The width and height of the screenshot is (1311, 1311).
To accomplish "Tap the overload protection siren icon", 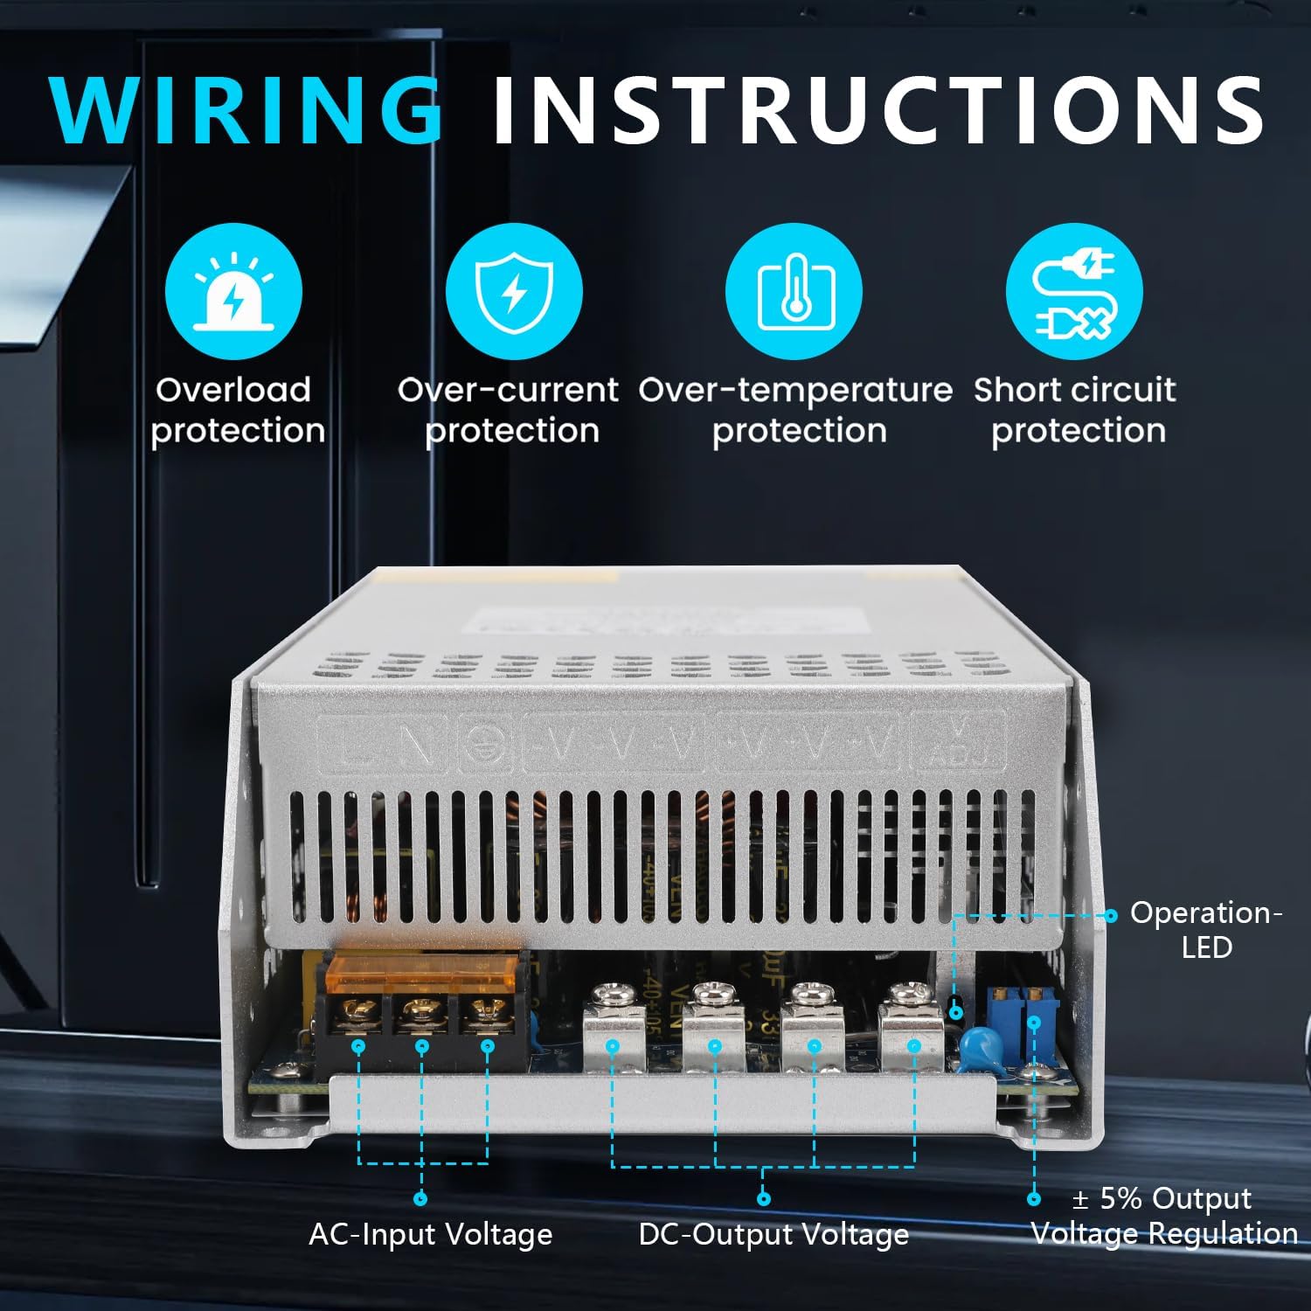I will pyautogui.click(x=233, y=291).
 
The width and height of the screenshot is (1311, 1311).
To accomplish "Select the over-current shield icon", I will pyautogui.click(x=514, y=291).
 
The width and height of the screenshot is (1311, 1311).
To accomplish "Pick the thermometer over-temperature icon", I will pyautogui.click(x=794, y=291).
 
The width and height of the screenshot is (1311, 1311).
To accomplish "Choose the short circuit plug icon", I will pyautogui.click(x=1074, y=291).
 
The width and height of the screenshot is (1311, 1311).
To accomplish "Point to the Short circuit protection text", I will pyautogui.click(x=1076, y=410).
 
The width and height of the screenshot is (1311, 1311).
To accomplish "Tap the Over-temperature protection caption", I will pyautogui.click(x=795, y=410).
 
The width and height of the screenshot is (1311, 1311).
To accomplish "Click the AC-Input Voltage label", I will pyautogui.click(x=430, y=1234).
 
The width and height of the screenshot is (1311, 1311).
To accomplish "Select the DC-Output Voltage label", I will pyautogui.click(x=773, y=1234).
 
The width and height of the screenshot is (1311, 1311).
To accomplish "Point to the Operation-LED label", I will pyautogui.click(x=1206, y=929).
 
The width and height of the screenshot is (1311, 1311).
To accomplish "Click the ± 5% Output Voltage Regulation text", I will pyautogui.click(x=1164, y=1216).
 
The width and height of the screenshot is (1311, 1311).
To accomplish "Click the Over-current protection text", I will pyautogui.click(x=509, y=410).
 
